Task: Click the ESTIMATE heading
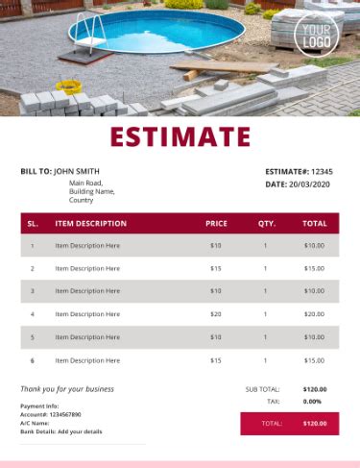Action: click(x=180, y=137)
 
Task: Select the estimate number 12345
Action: click(x=323, y=171)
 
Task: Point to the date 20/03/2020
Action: click(x=310, y=184)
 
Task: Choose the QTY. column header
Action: click(x=266, y=223)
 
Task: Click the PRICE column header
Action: click(x=216, y=223)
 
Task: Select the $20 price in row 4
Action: click(x=216, y=314)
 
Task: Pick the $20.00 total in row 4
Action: click(x=314, y=314)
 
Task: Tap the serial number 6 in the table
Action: click(x=33, y=360)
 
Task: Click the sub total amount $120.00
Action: click(x=314, y=389)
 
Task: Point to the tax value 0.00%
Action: click(x=312, y=402)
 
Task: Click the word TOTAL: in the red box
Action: click(x=272, y=423)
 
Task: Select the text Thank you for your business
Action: click(x=67, y=389)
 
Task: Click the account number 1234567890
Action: click(x=63, y=414)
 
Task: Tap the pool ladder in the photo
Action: click(x=87, y=29)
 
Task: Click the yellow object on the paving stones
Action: click(x=67, y=86)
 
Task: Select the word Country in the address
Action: click(x=82, y=201)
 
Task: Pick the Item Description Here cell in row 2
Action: click(x=87, y=268)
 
